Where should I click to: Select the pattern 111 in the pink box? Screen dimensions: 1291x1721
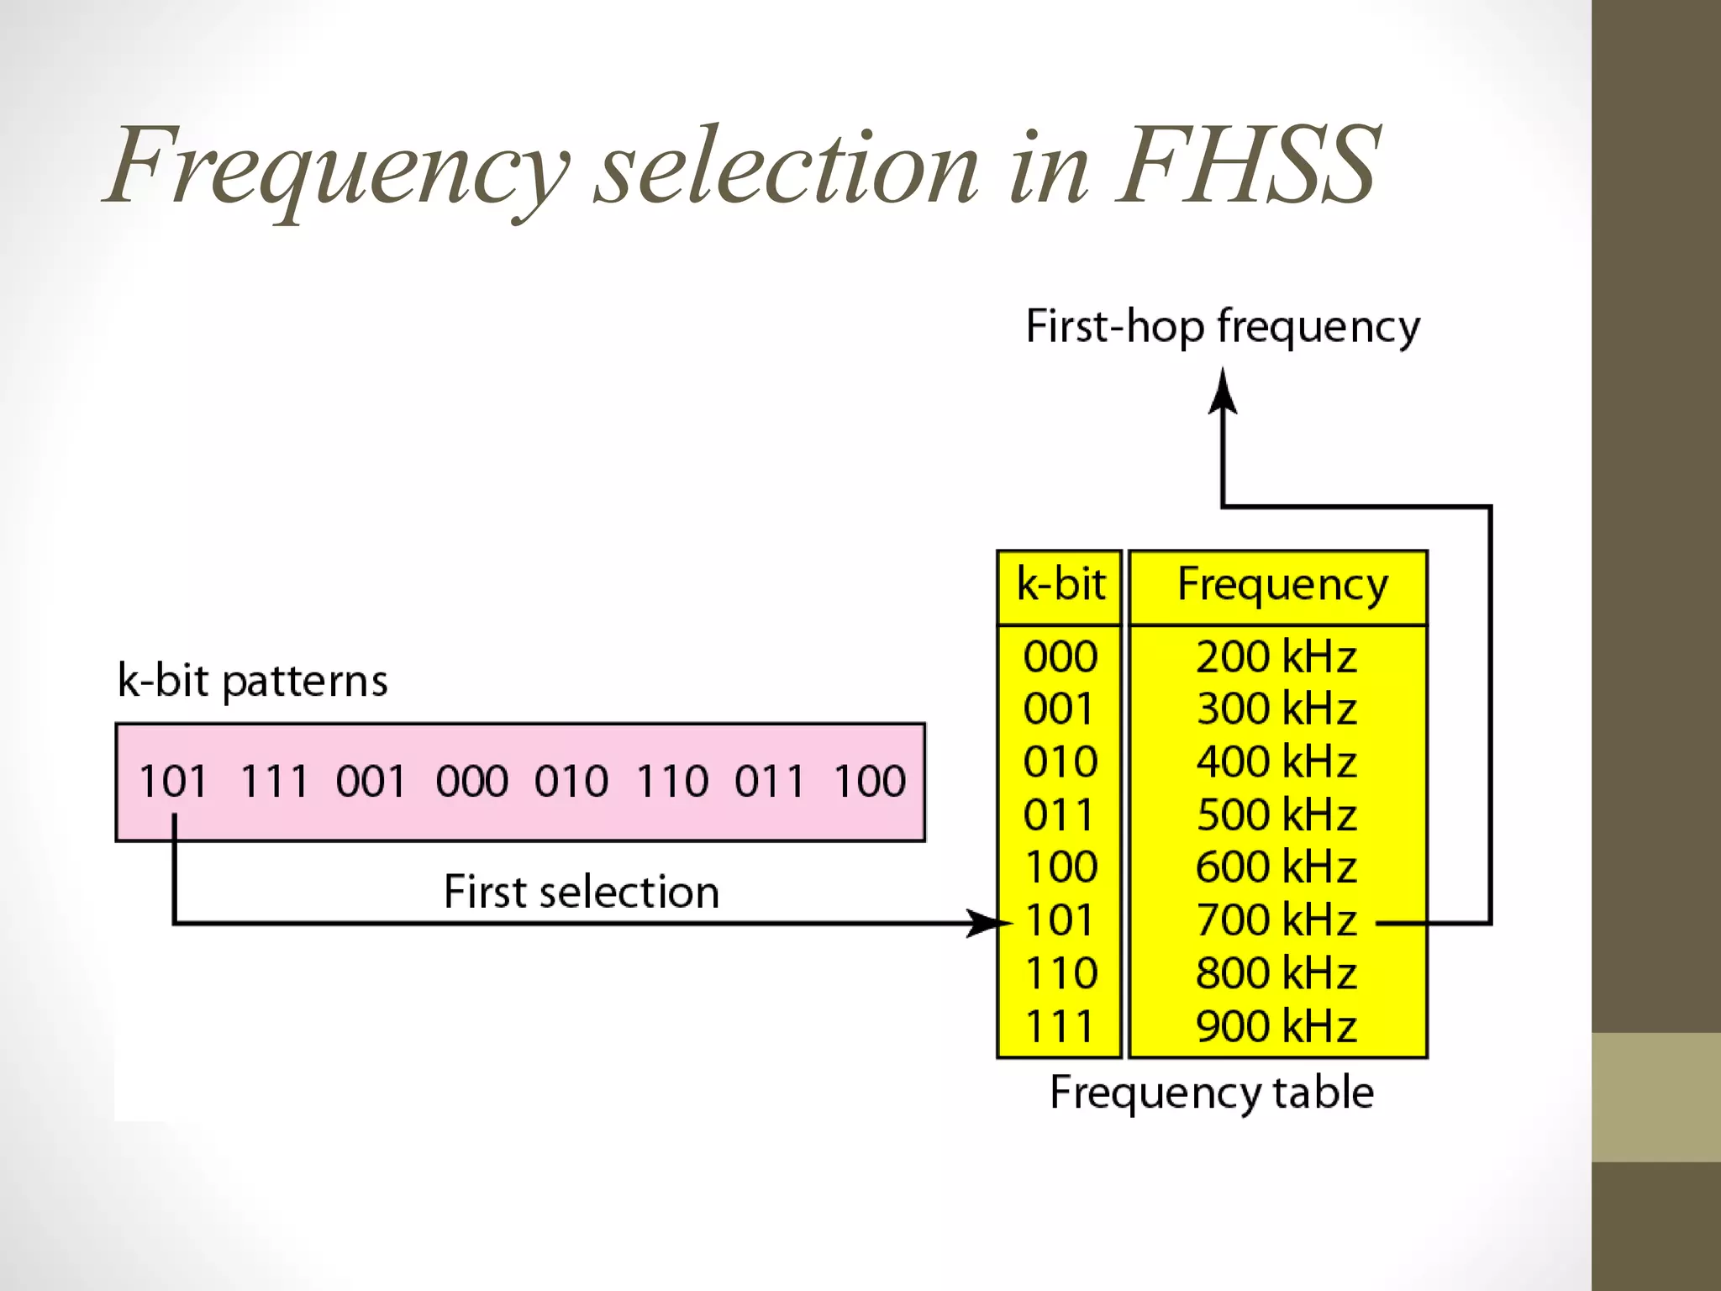point(274,781)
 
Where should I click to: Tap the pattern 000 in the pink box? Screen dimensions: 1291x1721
point(471,781)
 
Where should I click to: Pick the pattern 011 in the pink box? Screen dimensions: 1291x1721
point(769,781)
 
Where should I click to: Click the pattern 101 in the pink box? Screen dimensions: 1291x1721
point(173,781)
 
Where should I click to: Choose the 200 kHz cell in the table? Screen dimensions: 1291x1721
point(1276,656)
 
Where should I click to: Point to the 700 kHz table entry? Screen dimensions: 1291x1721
point(1276,920)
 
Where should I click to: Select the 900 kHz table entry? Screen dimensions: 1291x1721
point(1276,1025)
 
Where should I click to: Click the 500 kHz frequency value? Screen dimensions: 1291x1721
point(1276,814)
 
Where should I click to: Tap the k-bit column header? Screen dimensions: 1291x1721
point(1060,584)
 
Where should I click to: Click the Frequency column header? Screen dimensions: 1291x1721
point(1282,586)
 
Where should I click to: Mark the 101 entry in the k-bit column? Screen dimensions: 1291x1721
point(1060,920)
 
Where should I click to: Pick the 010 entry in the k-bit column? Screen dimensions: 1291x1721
point(1060,761)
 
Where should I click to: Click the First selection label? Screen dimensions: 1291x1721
point(582,892)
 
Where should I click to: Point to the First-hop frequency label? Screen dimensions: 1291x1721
point(1223,326)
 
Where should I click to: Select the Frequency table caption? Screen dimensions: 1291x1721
point(1212,1093)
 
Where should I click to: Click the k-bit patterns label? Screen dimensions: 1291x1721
point(252,680)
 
